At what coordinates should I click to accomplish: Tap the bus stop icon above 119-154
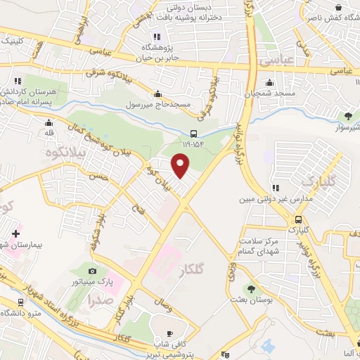click(194, 134)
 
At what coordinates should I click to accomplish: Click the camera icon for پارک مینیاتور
click(92, 271)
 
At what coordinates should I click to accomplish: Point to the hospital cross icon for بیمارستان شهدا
click(15, 232)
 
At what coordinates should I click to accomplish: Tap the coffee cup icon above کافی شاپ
click(169, 333)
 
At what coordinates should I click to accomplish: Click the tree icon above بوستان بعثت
click(251, 289)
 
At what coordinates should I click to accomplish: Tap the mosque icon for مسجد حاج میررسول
click(158, 94)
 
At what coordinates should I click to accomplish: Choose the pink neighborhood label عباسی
click(276, 63)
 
